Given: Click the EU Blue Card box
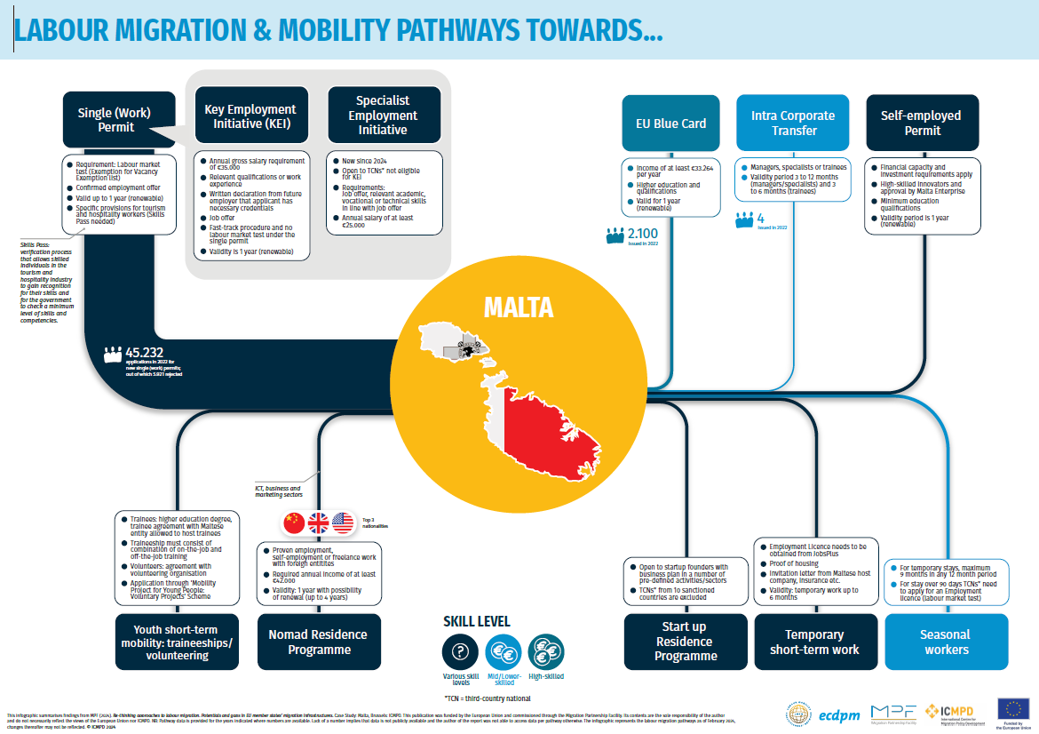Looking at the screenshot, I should pos(671,123).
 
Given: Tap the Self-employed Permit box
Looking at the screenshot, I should pos(922,123).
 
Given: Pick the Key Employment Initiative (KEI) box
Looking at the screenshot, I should pos(250,116).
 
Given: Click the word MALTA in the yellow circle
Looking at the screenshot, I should pos(519,308).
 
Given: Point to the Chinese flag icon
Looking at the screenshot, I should pos(293,523).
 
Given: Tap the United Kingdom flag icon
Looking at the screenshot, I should pos(318,523).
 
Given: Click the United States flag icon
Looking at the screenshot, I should pos(343,523).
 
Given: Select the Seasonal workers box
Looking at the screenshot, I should pos(947,642).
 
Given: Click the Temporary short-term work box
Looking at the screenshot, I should pos(814,642).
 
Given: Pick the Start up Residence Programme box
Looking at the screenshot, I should pos(685,642).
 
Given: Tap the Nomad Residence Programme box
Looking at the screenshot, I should pos(318,642).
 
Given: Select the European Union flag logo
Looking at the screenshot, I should pos(1013,708).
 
